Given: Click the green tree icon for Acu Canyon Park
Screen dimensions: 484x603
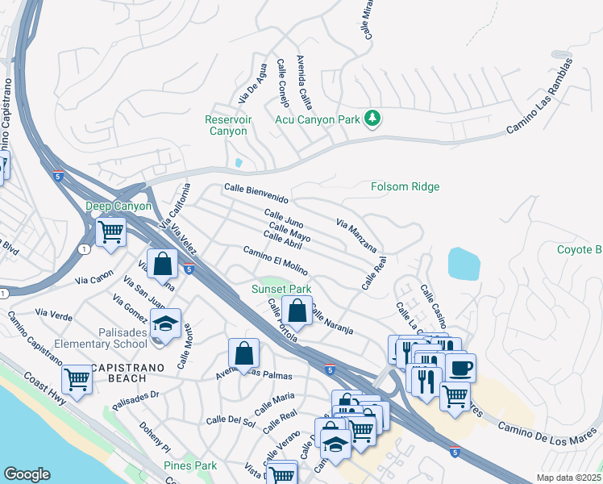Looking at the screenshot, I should [x=372, y=119].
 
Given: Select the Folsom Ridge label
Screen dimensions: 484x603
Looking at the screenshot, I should [x=405, y=186].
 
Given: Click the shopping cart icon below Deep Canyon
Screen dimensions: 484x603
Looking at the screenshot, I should [x=110, y=232].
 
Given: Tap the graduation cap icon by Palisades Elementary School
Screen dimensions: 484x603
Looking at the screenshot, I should [x=165, y=323].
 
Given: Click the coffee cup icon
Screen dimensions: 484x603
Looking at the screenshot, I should [x=460, y=368].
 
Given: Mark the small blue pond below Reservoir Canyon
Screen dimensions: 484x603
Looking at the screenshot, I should [x=238, y=163].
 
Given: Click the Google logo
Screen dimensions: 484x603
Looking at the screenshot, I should [x=27, y=474].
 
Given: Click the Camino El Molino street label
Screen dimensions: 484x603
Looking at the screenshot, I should [x=275, y=256].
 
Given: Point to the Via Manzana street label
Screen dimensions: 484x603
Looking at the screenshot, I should [x=357, y=234].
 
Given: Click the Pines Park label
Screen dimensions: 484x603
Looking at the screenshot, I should [x=190, y=465].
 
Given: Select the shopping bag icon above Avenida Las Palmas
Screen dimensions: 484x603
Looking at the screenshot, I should [x=243, y=353].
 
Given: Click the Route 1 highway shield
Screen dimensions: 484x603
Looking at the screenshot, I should [x=83, y=249].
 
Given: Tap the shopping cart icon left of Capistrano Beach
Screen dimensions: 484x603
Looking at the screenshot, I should [x=77, y=378].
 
